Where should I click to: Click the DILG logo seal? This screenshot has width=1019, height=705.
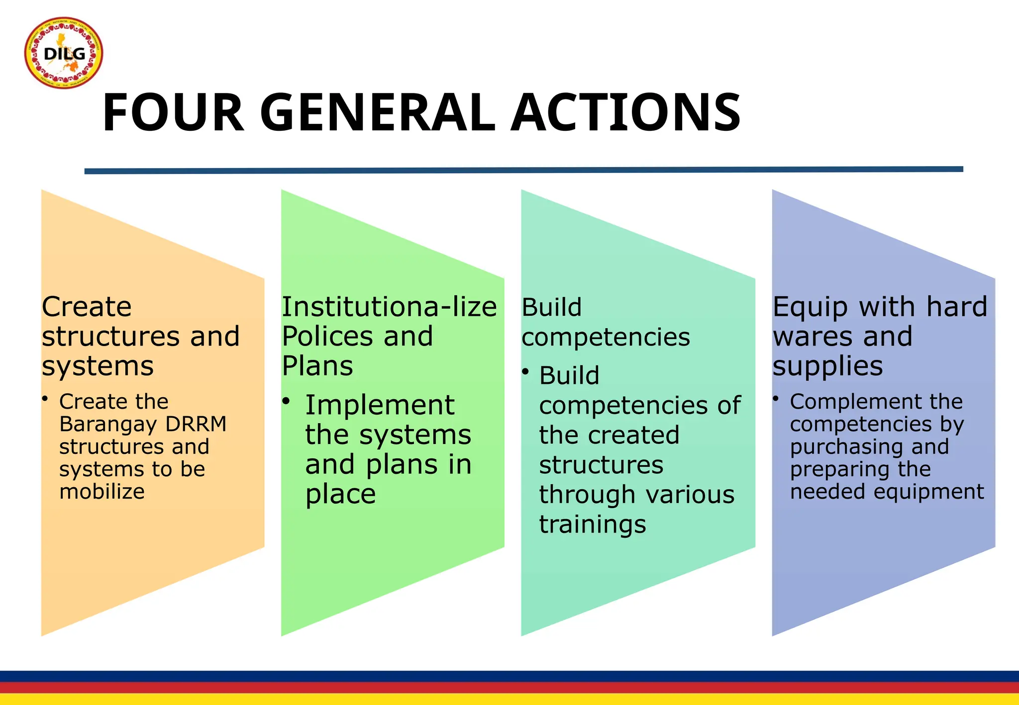tap(64, 53)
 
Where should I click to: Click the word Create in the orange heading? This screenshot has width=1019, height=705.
tap(87, 307)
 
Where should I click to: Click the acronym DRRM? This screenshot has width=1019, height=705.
tap(196, 424)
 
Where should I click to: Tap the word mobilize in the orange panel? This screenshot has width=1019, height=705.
tap(102, 492)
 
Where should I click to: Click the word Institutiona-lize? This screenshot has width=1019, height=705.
tap(389, 307)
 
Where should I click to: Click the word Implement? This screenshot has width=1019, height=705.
tap(380, 405)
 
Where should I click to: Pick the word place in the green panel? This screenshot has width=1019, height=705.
tap(340, 494)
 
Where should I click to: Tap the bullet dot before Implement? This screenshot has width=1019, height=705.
tap(286, 401)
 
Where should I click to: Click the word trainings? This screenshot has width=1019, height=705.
tap(593, 525)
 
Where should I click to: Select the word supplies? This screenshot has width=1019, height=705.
tap(827, 367)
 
